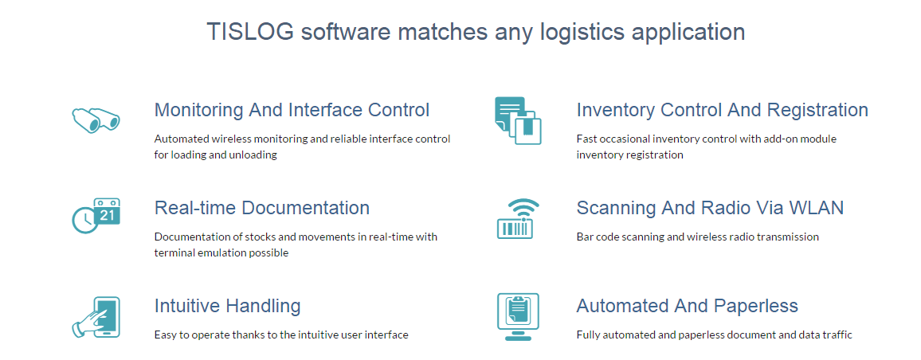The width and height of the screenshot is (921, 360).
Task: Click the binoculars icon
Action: [96, 119]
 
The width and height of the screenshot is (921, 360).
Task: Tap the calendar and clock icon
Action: [96, 217]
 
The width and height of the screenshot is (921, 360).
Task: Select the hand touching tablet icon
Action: [96, 316]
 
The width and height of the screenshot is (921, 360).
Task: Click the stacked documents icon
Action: [518, 120]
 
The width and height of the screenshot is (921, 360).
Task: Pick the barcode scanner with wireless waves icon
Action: [518, 219]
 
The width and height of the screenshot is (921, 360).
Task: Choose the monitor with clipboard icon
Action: [518, 316]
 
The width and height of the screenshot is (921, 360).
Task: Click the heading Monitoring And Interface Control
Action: [292, 110]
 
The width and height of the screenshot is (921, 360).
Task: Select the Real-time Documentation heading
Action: [261, 208]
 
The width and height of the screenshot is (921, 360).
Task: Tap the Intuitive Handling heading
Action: [227, 306]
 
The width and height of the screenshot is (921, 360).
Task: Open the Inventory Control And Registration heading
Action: [722, 110]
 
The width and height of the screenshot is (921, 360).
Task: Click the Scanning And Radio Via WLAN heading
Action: [710, 208]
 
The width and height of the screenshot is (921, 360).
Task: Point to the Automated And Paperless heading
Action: [687, 306]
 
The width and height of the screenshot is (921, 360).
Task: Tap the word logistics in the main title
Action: [583, 32]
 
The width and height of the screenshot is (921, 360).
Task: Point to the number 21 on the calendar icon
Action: [108, 215]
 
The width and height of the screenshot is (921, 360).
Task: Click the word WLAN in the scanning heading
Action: [816, 208]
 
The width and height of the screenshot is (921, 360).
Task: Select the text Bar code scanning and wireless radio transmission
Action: [697, 237]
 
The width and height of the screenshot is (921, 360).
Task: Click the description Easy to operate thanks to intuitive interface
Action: [280, 335]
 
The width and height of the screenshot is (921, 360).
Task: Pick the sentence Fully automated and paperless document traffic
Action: [714, 335]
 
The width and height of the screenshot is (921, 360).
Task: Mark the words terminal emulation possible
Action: [221, 252]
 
